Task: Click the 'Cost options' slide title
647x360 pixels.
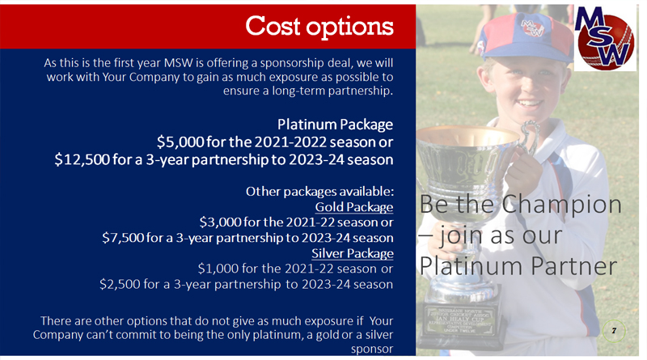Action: pos(319,27)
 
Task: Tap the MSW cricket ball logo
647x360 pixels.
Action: pos(605,38)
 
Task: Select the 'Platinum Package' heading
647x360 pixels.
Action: pos(335,125)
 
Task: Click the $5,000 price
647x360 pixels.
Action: pos(180,142)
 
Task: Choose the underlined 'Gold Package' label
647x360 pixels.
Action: pos(354,207)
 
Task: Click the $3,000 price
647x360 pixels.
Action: pos(220,222)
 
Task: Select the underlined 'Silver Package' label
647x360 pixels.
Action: pos(353,253)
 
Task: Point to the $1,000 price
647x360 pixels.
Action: pos(218,269)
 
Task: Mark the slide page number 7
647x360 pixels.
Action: pos(614,331)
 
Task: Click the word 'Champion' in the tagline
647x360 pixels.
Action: pos(561,205)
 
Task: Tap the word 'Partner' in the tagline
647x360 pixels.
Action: pos(574,266)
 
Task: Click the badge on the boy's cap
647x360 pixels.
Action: pos(532,28)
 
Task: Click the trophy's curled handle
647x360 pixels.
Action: pos(528,139)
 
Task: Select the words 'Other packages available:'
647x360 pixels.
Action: pos(319,192)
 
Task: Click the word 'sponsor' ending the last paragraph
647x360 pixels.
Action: pos(372,349)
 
